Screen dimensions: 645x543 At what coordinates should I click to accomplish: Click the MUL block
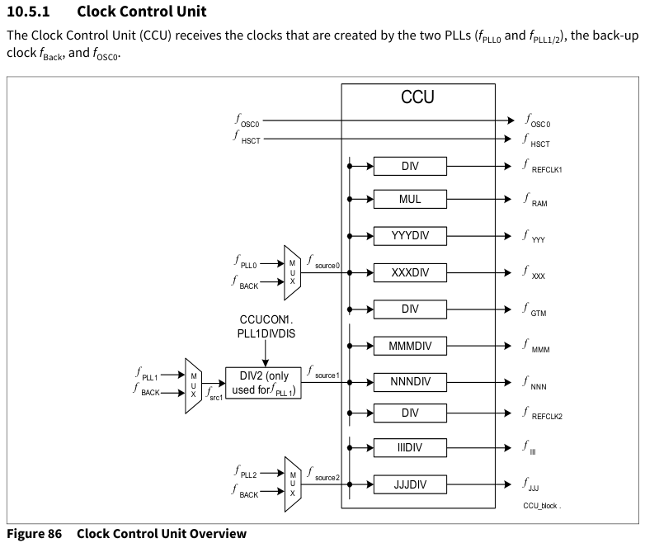click(410, 199)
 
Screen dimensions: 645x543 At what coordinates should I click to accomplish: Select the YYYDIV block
click(410, 236)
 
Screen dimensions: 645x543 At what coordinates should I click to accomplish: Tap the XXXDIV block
click(410, 272)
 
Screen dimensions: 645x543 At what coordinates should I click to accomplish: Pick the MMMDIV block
click(410, 346)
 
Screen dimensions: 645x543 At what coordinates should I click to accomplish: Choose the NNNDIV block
click(410, 382)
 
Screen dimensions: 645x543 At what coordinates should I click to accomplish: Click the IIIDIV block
click(410, 447)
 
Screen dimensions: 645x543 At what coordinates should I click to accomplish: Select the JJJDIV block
click(410, 484)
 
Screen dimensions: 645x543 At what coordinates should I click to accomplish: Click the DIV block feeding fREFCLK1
click(410, 167)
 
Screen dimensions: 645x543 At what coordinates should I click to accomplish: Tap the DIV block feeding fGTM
click(410, 309)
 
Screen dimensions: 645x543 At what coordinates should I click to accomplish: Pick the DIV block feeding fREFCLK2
click(410, 413)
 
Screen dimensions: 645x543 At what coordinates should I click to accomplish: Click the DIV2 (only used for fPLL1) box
click(263, 383)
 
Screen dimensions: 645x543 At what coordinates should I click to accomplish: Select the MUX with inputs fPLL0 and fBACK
click(293, 272)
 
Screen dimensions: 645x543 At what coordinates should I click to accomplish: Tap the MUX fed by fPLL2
click(293, 484)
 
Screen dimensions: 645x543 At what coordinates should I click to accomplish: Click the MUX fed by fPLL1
click(193, 385)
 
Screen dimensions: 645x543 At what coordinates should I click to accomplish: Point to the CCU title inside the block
click(417, 97)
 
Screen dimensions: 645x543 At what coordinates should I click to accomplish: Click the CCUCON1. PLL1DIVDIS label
click(266, 327)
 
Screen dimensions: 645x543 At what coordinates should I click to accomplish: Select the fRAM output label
click(535, 201)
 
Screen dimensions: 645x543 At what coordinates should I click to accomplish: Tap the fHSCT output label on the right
click(536, 141)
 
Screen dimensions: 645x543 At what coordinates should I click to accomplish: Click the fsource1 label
click(323, 372)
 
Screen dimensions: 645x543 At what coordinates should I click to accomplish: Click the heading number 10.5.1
click(28, 12)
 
